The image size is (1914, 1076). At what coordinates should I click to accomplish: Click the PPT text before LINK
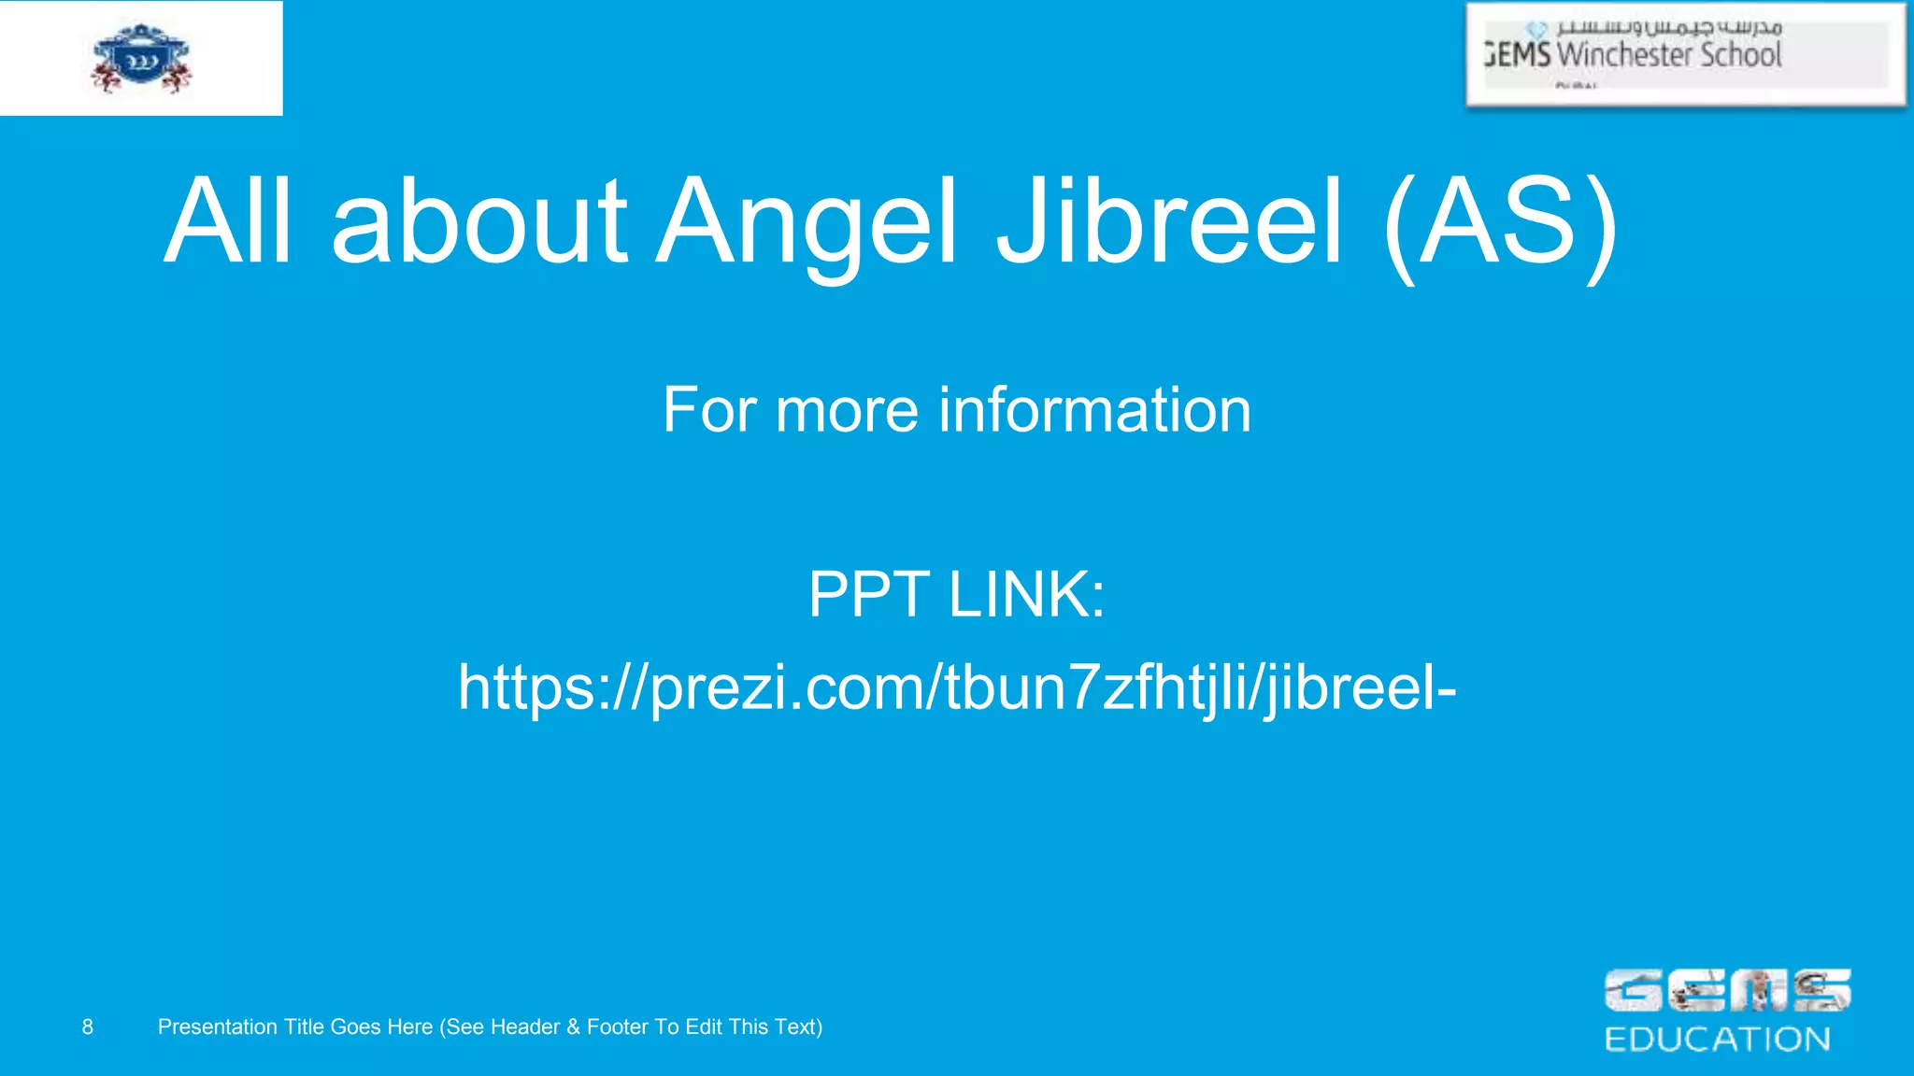pyautogui.click(x=868, y=594)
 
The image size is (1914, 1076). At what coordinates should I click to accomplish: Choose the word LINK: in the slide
pyautogui.click(x=1027, y=594)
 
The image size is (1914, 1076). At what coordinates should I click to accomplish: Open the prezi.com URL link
pyautogui.click(x=957, y=687)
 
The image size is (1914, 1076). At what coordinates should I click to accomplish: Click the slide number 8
pyautogui.click(x=88, y=1027)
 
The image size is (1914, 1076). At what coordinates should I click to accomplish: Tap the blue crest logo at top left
pyautogui.click(x=141, y=58)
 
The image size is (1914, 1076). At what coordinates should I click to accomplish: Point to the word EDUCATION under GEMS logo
pyautogui.click(x=1717, y=1040)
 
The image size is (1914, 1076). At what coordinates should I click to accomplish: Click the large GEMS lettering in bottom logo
pyautogui.click(x=1727, y=991)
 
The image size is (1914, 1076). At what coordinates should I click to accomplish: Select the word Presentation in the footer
pyautogui.click(x=218, y=1027)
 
